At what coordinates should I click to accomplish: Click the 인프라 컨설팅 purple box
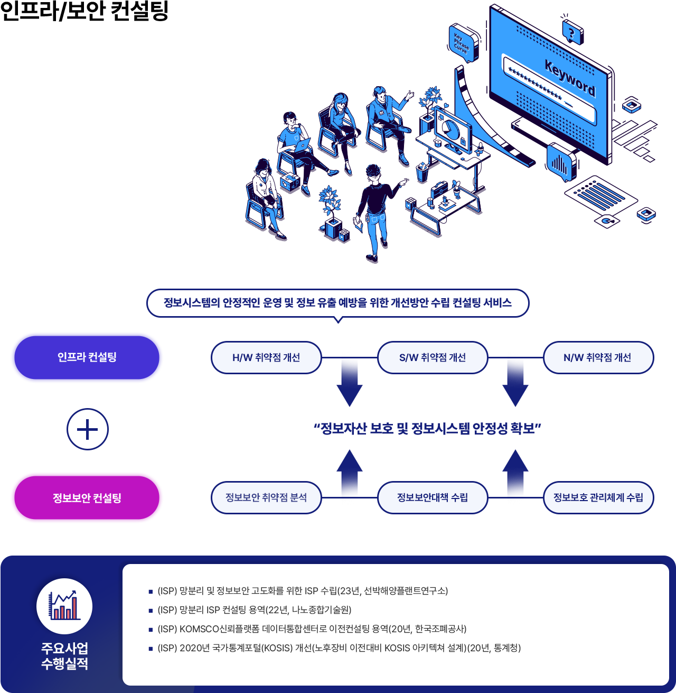coord(87,358)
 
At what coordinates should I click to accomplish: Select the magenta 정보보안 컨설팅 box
coord(87,498)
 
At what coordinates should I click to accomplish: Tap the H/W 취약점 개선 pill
coord(266,358)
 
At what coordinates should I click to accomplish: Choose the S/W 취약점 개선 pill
coord(433,358)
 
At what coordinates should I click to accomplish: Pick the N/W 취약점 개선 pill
coord(597,358)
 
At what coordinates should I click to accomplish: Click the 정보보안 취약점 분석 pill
coord(266,497)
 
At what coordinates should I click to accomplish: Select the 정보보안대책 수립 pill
coord(433,497)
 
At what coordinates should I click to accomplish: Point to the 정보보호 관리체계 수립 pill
coord(598,497)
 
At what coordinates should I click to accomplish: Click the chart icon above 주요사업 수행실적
coord(64,606)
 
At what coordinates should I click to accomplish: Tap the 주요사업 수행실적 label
coord(64,656)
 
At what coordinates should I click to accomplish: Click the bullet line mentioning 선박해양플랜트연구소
coord(303,591)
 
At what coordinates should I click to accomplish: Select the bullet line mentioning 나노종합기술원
coord(254,610)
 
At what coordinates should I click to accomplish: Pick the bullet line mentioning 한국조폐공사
coord(312,629)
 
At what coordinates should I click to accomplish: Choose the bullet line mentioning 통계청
coord(339,648)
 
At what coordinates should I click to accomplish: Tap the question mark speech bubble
coord(571,33)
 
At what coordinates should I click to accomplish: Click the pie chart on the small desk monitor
coord(450,128)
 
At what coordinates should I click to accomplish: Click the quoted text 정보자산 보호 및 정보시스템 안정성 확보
coord(427,428)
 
